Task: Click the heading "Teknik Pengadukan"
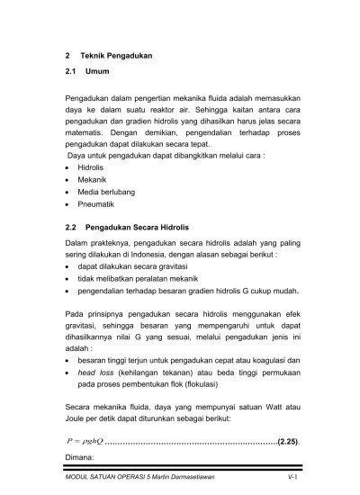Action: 117,56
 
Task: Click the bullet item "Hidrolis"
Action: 91,168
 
